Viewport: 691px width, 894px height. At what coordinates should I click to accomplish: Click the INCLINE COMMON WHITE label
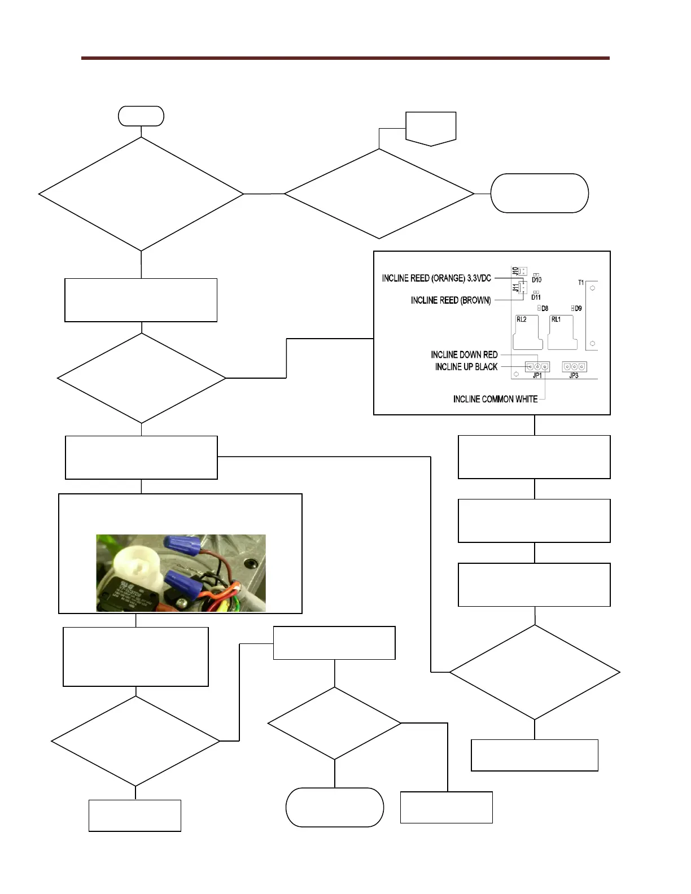(x=495, y=399)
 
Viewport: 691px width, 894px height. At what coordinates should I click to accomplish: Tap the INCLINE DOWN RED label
(x=464, y=354)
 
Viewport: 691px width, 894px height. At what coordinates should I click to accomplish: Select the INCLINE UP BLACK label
(x=466, y=367)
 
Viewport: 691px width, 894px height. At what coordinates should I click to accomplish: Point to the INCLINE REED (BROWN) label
(x=451, y=300)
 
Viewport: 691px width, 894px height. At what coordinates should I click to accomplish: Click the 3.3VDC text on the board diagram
(x=479, y=278)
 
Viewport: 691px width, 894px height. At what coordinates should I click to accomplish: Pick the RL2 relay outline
(x=527, y=333)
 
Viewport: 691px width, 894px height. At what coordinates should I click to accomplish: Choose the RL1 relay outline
(x=562, y=333)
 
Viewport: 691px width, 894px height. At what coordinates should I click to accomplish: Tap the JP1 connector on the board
(x=537, y=367)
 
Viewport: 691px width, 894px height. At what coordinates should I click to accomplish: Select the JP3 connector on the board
(x=574, y=367)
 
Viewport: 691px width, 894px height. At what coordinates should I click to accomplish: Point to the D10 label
(x=536, y=280)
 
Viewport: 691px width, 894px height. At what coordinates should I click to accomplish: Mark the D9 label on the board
(x=578, y=309)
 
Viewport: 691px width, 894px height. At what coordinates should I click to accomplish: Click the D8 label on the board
(x=545, y=309)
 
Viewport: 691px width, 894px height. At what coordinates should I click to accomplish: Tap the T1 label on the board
(x=581, y=283)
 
